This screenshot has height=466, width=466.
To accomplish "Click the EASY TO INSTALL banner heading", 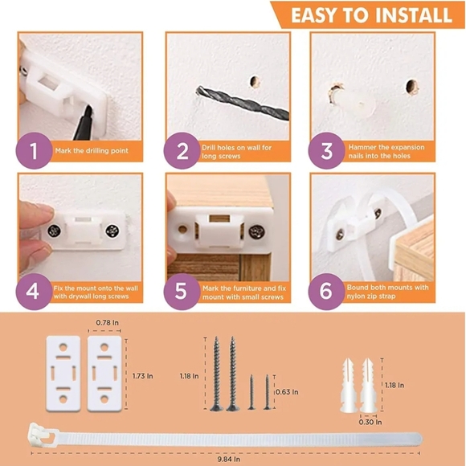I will pos(370,14).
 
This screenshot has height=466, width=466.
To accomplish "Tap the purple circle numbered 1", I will pos(32,150).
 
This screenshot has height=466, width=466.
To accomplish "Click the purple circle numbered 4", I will pos(32,290).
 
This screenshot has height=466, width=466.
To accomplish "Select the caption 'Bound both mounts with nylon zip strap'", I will pos(387,290).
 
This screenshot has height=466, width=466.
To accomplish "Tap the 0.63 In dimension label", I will pos(285,393).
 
